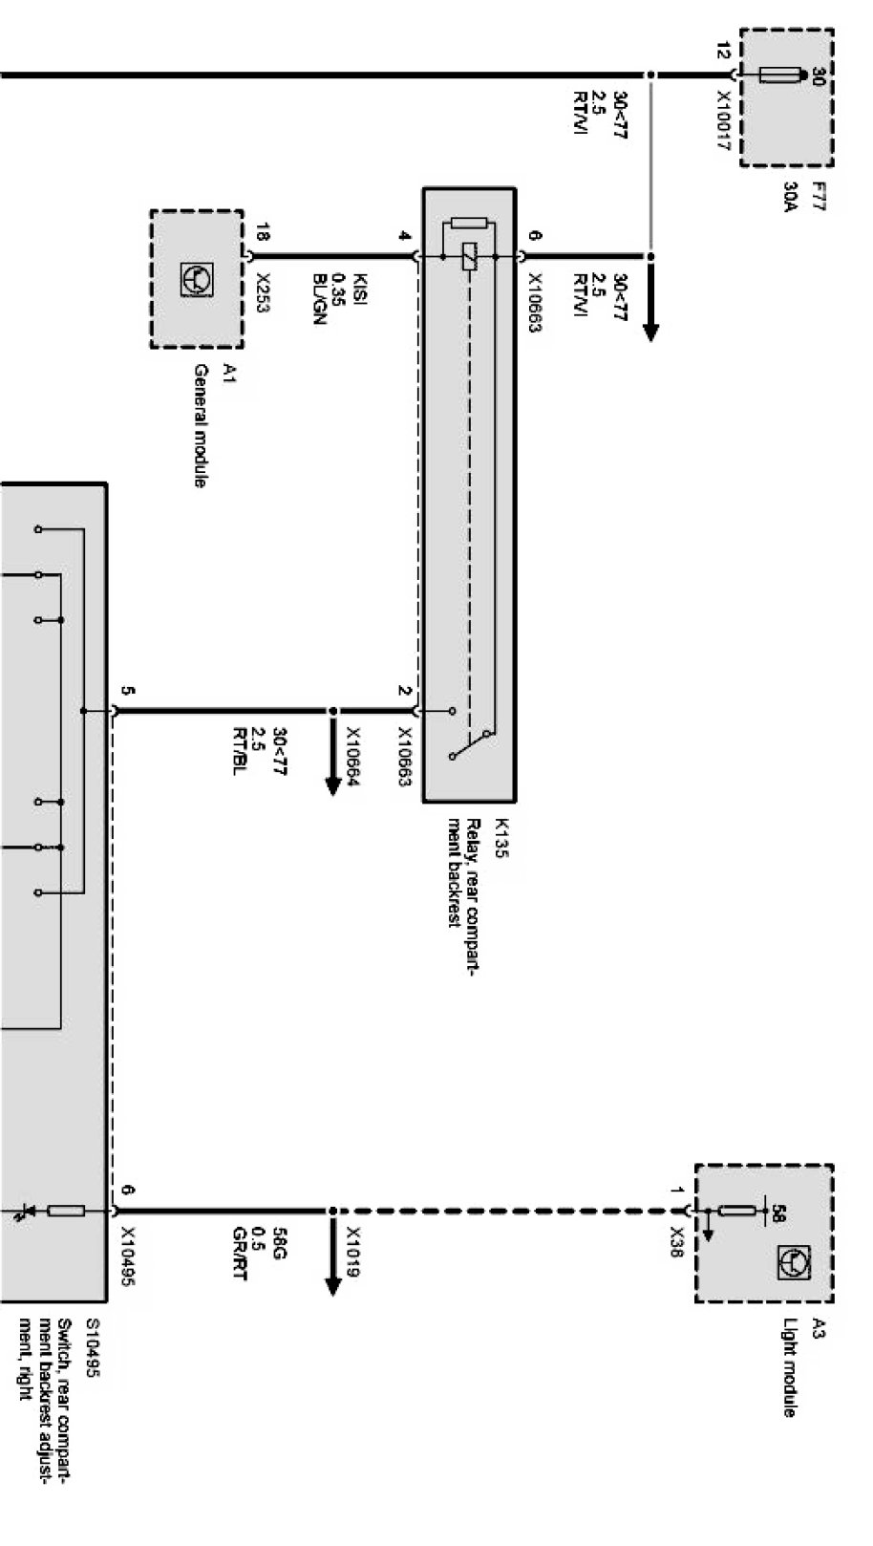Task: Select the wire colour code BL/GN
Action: click(x=320, y=300)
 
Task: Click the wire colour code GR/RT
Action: click(x=239, y=1254)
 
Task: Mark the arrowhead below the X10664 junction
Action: click(x=332, y=785)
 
